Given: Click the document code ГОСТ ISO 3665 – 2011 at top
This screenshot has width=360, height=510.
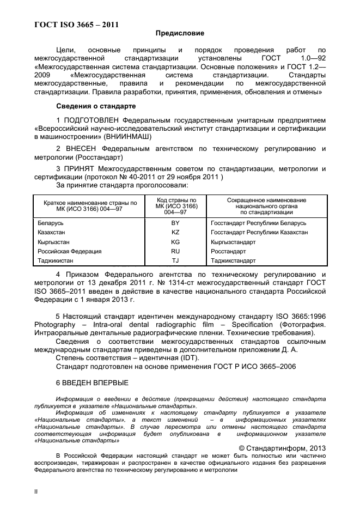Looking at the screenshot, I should coord(77,24).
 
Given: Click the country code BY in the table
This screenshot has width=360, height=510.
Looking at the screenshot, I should coord(175,223).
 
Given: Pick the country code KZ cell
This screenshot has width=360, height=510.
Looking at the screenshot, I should coord(175,233).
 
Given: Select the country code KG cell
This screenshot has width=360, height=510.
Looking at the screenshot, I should coord(175,242).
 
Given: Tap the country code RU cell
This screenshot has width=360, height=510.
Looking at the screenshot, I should coord(175,251).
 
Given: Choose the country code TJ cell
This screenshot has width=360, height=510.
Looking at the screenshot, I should coord(175,260).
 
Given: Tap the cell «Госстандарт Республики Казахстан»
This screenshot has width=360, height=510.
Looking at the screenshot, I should coord(259,233).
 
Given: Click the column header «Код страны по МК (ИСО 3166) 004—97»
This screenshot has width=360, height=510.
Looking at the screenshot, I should coord(175,207).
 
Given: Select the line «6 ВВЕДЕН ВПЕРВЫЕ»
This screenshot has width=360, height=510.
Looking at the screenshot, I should coord(93,382).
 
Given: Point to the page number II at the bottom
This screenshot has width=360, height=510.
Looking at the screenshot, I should coord(36,491).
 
